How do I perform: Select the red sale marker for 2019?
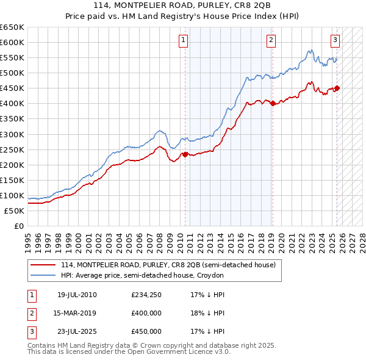coord(273,103)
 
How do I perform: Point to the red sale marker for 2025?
coord(337,88)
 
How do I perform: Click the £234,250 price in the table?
coord(146,295)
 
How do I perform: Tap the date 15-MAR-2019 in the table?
coord(76,313)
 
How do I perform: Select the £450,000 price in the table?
coord(146,331)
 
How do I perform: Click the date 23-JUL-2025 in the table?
coord(76,331)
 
